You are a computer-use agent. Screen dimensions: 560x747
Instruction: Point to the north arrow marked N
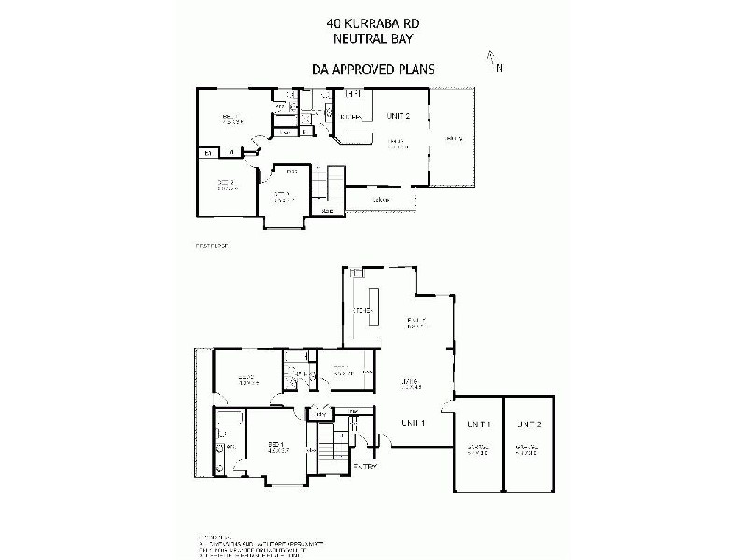[x=494, y=62]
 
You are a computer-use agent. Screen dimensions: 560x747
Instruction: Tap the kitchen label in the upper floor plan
[x=350, y=116]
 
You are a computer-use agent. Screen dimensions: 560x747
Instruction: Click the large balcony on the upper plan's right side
[x=455, y=140]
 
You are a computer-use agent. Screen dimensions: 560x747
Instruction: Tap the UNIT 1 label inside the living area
[x=414, y=423]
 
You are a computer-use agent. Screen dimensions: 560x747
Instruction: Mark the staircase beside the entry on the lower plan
[x=326, y=447]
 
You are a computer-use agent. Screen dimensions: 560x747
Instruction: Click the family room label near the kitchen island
[x=416, y=322]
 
